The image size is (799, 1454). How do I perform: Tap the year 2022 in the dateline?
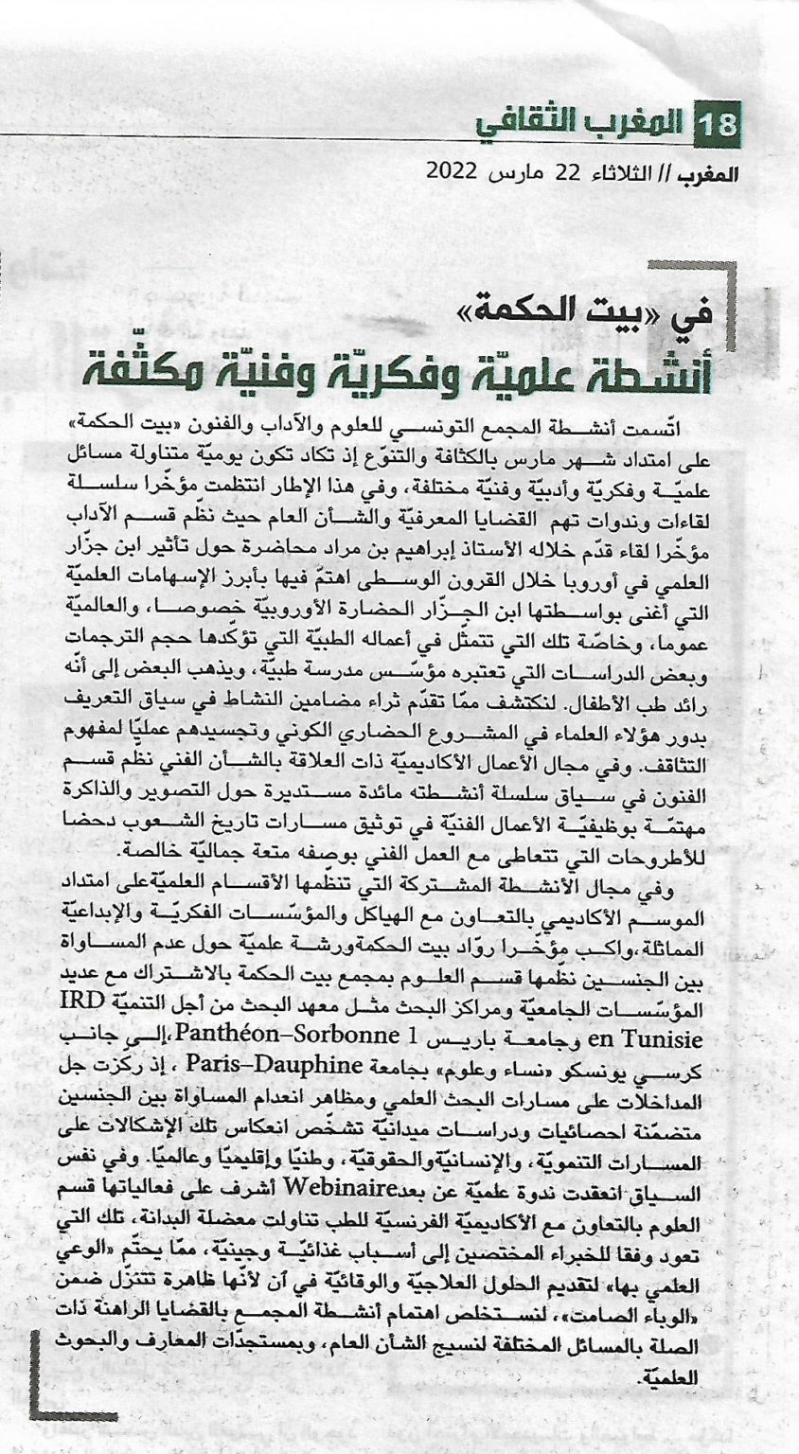pos(453,173)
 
